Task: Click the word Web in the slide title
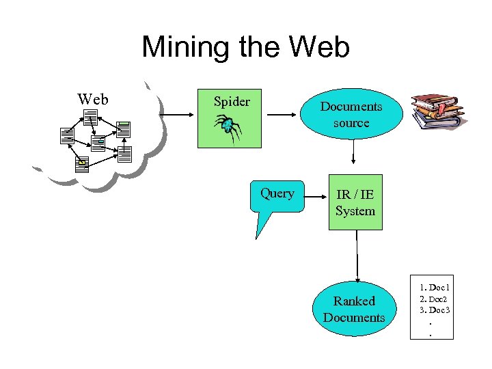click(319, 48)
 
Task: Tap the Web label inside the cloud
click(93, 100)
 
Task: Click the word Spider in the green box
click(232, 102)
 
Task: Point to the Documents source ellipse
click(351, 115)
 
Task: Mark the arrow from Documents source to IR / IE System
click(353, 153)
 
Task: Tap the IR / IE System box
click(355, 203)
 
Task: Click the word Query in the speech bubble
click(277, 193)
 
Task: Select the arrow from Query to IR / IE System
click(314, 197)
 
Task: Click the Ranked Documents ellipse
click(354, 309)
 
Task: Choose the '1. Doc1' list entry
click(435, 288)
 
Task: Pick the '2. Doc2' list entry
click(435, 299)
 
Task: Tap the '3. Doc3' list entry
click(435, 310)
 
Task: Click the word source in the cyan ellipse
click(351, 124)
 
